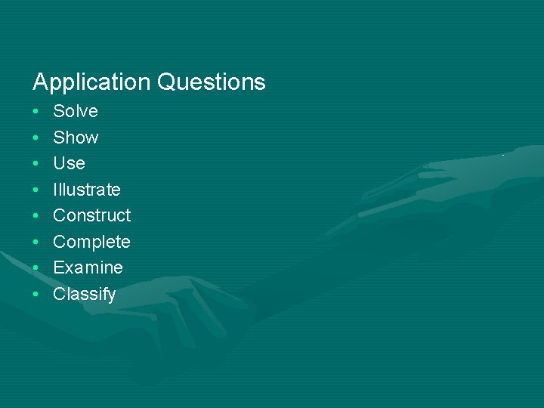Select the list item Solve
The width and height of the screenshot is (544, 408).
coord(76,112)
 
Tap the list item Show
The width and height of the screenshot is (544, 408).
coord(76,138)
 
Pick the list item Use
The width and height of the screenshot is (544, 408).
coord(69,163)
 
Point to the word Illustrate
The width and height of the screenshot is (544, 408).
coord(87,190)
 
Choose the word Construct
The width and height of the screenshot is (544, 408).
coord(91,215)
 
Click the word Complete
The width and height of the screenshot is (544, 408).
coord(91,242)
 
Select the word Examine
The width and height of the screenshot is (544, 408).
coord(88,267)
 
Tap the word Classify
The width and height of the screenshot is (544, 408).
coord(85,294)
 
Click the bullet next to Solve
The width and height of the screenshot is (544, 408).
coord(36,112)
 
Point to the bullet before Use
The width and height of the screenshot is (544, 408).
coord(36,164)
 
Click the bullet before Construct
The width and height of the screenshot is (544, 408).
coord(36,216)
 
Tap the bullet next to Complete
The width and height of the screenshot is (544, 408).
coord(36,243)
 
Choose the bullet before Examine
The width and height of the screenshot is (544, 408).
coord(36,268)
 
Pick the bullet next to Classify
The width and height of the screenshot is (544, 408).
coord(36,295)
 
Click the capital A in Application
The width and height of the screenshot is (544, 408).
coord(40,82)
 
